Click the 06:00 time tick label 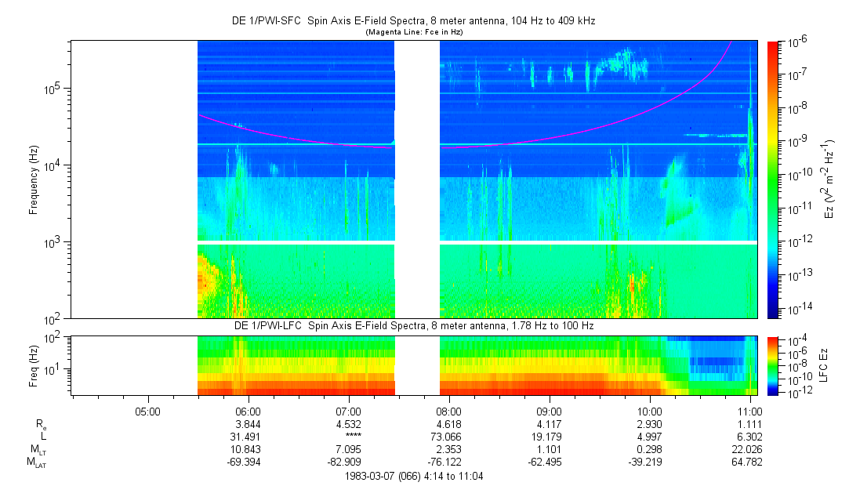[249, 412]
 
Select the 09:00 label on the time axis [549, 412]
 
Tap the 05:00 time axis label [148, 412]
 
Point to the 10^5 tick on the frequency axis [54, 89]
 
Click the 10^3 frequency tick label [54, 241]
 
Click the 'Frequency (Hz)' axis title [34, 180]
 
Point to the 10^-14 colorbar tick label [798, 310]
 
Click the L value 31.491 [246, 437]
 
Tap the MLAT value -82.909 [344, 462]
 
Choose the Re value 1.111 [749, 424]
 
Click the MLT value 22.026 [747, 449]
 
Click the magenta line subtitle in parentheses [414, 32]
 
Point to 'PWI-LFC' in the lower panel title [287, 326]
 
